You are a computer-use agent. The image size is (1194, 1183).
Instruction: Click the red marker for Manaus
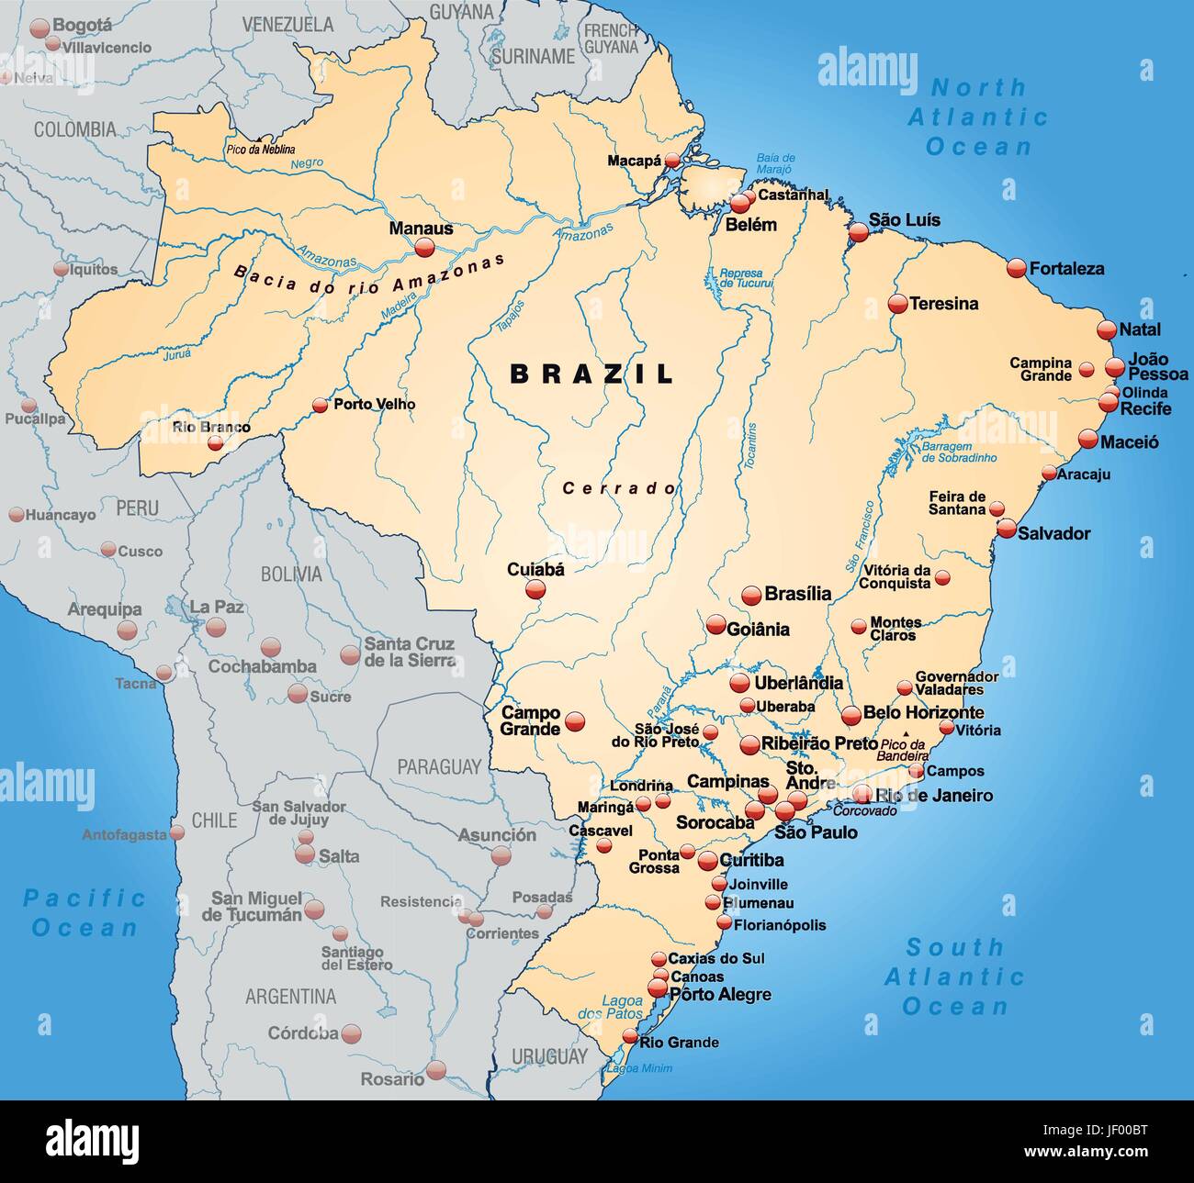[x=424, y=247]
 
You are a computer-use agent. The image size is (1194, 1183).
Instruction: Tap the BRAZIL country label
[x=592, y=374]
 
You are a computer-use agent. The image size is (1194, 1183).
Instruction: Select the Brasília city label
[x=797, y=594]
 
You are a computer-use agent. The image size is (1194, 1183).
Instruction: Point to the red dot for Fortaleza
[x=1016, y=268]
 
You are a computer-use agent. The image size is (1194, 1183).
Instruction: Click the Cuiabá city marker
[x=535, y=590]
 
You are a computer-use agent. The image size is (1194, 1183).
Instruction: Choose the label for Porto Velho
[x=374, y=404]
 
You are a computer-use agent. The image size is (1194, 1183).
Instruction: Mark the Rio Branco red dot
[x=215, y=443]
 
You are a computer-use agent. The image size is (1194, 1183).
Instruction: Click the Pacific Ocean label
[x=84, y=912]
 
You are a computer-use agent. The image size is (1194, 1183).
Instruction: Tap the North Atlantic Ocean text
[x=978, y=117]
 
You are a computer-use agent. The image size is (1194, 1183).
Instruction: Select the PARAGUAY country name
[x=439, y=766]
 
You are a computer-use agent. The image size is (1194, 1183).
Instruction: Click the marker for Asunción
[x=501, y=855]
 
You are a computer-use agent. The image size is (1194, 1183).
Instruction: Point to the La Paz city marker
[x=216, y=627]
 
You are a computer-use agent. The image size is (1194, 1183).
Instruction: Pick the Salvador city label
[x=1053, y=533]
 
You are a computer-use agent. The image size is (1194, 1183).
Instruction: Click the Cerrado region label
[x=620, y=488]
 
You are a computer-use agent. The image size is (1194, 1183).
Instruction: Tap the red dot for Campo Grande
[x=575, y=721]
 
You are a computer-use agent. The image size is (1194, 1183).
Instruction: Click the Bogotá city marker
[x=39, y=28]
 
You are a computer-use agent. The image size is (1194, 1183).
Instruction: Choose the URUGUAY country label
[x=549, y=1056]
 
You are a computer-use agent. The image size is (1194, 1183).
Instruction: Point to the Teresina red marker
[x=897, y=304]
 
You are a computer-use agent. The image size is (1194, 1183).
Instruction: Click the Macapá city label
[x=634, y=161]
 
